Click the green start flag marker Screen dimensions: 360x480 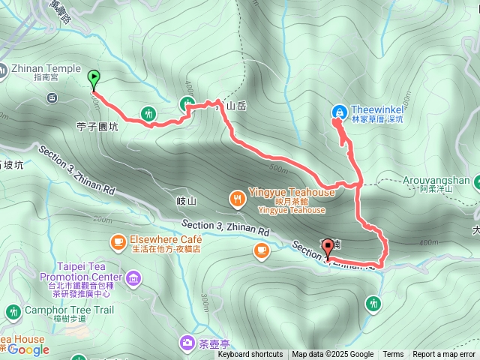click(x=94, y=76)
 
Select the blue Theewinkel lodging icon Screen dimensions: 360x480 click(x=339, y=112)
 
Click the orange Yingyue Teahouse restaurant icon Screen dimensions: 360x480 click(x=237, y=198)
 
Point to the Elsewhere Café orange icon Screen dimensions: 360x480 click(x=118, y=241)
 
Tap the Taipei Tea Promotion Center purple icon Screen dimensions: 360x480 click(x=133, y=280)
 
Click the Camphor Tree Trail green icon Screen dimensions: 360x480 click(x=13, y=311)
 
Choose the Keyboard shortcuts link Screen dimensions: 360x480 click(x=250, y=355)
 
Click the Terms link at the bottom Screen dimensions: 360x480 click(x=393, y=355)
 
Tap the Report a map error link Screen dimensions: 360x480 click(x=444, y=355)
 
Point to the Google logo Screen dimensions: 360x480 click(x=28, y=349)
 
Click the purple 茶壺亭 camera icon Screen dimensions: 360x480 click(x=185, y=343)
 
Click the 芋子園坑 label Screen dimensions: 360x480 click(x=97, y=127)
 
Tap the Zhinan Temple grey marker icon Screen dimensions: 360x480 click(x=52, y=97)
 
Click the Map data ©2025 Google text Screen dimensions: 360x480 click(x=332, y=355)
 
